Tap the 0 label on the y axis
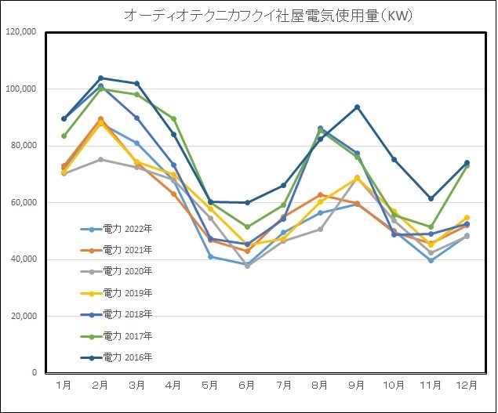34,373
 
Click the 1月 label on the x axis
64,386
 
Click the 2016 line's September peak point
358,107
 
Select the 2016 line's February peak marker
100,78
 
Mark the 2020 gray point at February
100,159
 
